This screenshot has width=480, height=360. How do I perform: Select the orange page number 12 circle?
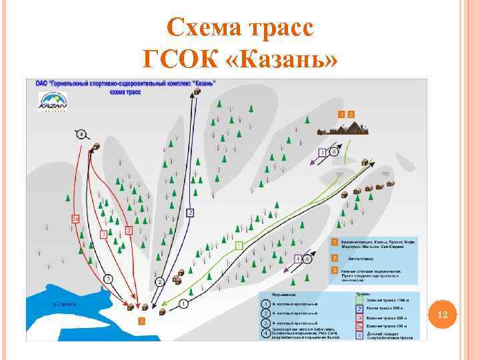point(445,315)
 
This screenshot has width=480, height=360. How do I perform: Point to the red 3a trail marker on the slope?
point(76,218)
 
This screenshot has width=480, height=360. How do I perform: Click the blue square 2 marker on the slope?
point(190,213)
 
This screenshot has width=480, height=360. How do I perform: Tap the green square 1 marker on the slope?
point(239,245)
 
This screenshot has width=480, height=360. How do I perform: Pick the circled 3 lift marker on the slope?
point(107,278)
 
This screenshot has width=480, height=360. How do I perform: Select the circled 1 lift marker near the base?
point(182,303)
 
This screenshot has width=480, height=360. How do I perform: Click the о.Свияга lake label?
point(64,304)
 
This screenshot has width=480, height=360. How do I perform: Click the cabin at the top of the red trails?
point(97,145)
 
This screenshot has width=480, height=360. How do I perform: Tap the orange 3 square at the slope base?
point(141,321)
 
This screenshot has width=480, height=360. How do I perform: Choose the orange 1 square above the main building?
point(342,115)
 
